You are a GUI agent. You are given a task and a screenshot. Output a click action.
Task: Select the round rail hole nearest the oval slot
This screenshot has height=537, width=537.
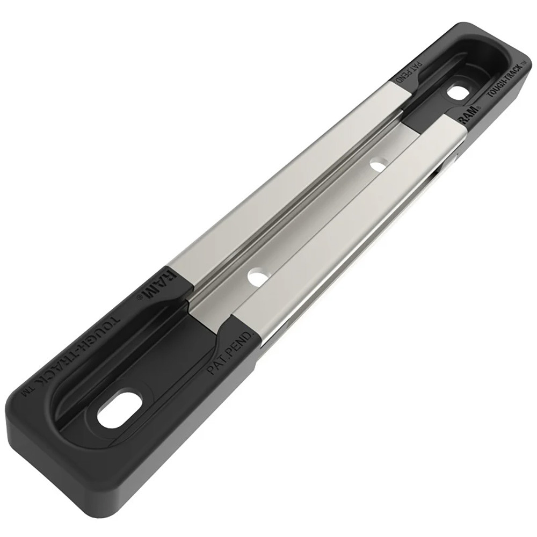pos(258,278)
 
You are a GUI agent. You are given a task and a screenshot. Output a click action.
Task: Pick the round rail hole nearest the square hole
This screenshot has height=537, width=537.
pos(379,164)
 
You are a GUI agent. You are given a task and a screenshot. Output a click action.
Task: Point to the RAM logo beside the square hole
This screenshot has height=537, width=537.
pos(466,115)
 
